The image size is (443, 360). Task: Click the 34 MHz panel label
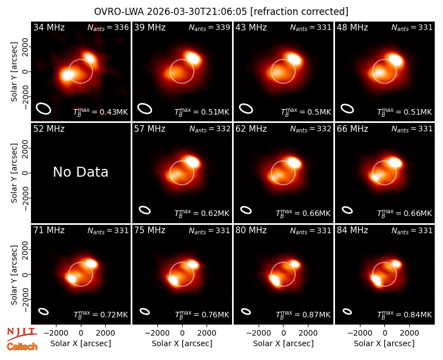[49, 27]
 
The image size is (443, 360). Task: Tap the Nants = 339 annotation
[209, 27]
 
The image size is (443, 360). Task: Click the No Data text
[80, 172]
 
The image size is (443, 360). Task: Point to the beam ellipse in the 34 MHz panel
[44, 108]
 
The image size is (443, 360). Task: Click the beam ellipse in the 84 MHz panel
[347, 311]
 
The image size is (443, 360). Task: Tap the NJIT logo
[22, 334]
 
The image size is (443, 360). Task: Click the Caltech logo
[22, 347]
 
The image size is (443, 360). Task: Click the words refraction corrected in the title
[300, 12]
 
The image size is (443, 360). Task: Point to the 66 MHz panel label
[352, 129]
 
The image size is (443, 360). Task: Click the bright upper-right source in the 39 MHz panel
[193, 58]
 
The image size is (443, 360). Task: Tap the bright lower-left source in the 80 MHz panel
[275, 280]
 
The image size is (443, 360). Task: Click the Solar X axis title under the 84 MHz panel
[384, 343]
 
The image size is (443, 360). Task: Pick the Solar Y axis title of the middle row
[14, 173]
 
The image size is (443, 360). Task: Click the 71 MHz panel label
[49, 230]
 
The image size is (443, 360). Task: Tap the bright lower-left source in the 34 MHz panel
[68, 75]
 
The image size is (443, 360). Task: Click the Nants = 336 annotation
[108, 27]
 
